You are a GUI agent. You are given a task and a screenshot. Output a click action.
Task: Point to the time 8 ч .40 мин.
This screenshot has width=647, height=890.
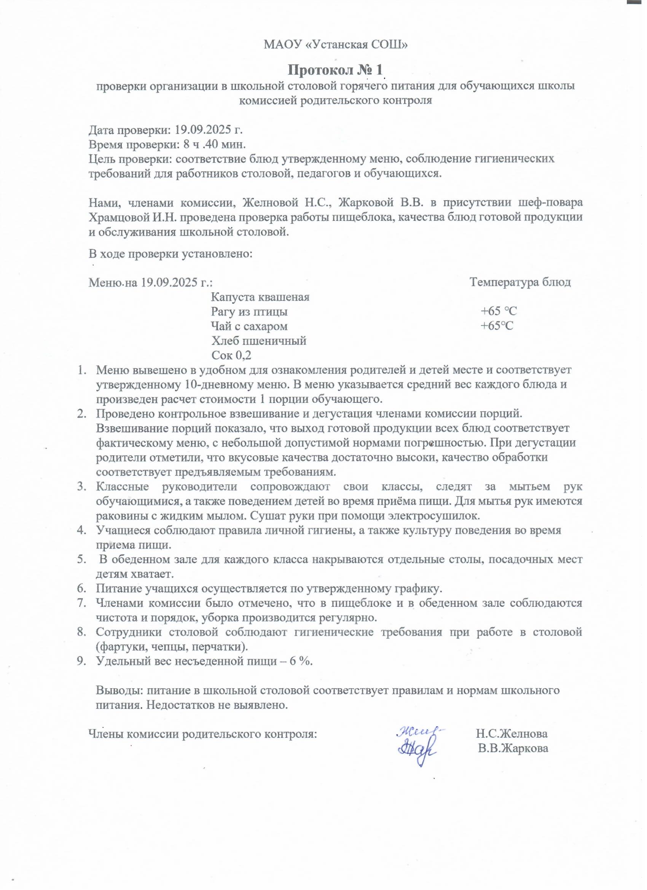pyautogui.click(x=215, y=144)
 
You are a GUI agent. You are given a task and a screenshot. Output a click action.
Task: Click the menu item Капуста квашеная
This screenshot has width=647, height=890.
pyautogui.click(x=260, y=297)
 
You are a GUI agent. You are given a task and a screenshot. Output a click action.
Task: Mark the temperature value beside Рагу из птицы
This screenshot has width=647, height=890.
pyautogui.click(x=499, y=312)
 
